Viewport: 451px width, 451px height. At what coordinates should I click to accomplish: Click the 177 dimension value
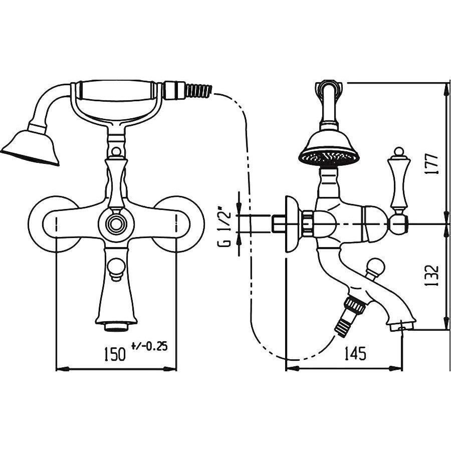[431, 164]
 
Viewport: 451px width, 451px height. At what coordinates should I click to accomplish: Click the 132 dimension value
[431, 276]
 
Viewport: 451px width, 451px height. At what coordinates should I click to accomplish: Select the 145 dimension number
[355, 353]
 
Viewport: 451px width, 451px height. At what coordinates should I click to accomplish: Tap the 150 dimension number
[115, 354]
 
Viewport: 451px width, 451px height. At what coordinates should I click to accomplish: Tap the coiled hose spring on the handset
[198, 90]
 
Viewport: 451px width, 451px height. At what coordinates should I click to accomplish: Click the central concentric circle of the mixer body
[116, 224]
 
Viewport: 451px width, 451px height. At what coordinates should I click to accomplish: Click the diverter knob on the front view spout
[116, 269]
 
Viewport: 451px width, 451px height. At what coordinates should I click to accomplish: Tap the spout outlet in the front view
[116, 327]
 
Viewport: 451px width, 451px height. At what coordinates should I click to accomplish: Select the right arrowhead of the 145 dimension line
[395, 368]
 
